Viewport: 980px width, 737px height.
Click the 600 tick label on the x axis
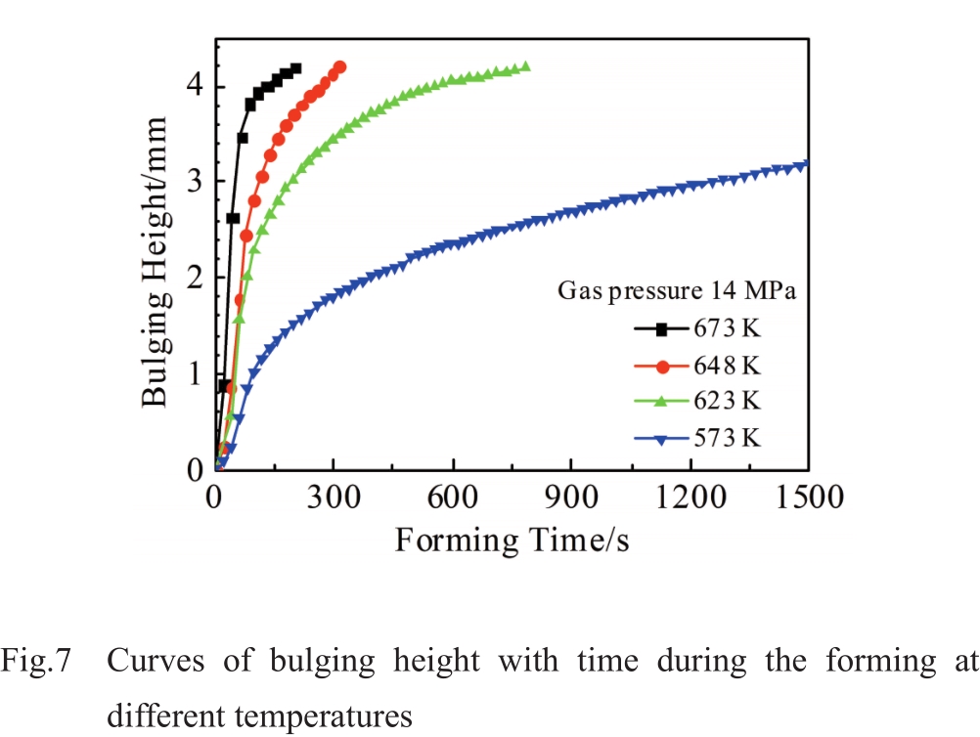tap(452, 499)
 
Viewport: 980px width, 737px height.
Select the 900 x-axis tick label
tap(571, 499)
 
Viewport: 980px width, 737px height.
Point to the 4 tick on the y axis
tap(195, 86)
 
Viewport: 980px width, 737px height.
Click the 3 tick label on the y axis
tap(195, 182)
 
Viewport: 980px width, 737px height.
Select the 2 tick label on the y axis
tap(195, 278)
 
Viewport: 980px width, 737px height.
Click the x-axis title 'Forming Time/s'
tap(512, 540)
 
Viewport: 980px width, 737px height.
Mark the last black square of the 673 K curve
tap(296, 68)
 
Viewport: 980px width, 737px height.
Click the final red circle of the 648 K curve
tap(340, 67)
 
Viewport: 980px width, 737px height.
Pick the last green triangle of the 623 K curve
tap(525, 67)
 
